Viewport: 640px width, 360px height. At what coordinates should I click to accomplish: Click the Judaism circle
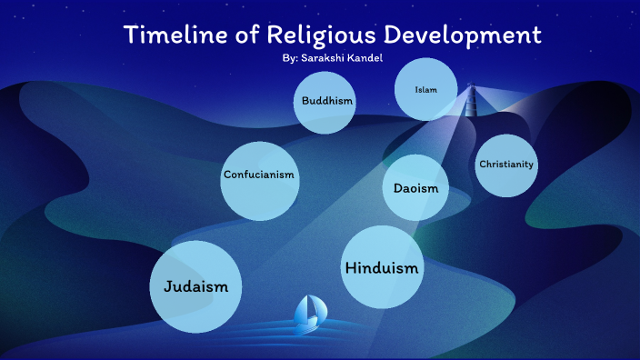195,285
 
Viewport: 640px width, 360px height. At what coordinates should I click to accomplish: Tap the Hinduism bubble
382,266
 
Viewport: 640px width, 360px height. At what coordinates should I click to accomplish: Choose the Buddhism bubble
323,101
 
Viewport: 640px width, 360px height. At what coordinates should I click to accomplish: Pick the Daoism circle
415,188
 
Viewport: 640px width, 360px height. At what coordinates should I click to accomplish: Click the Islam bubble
425,89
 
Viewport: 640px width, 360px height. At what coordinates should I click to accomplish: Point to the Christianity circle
506,165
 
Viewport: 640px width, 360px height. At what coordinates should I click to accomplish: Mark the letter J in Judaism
167,285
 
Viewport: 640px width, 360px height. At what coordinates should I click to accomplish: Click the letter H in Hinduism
350,267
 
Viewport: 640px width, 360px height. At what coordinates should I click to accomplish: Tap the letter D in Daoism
398,188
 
